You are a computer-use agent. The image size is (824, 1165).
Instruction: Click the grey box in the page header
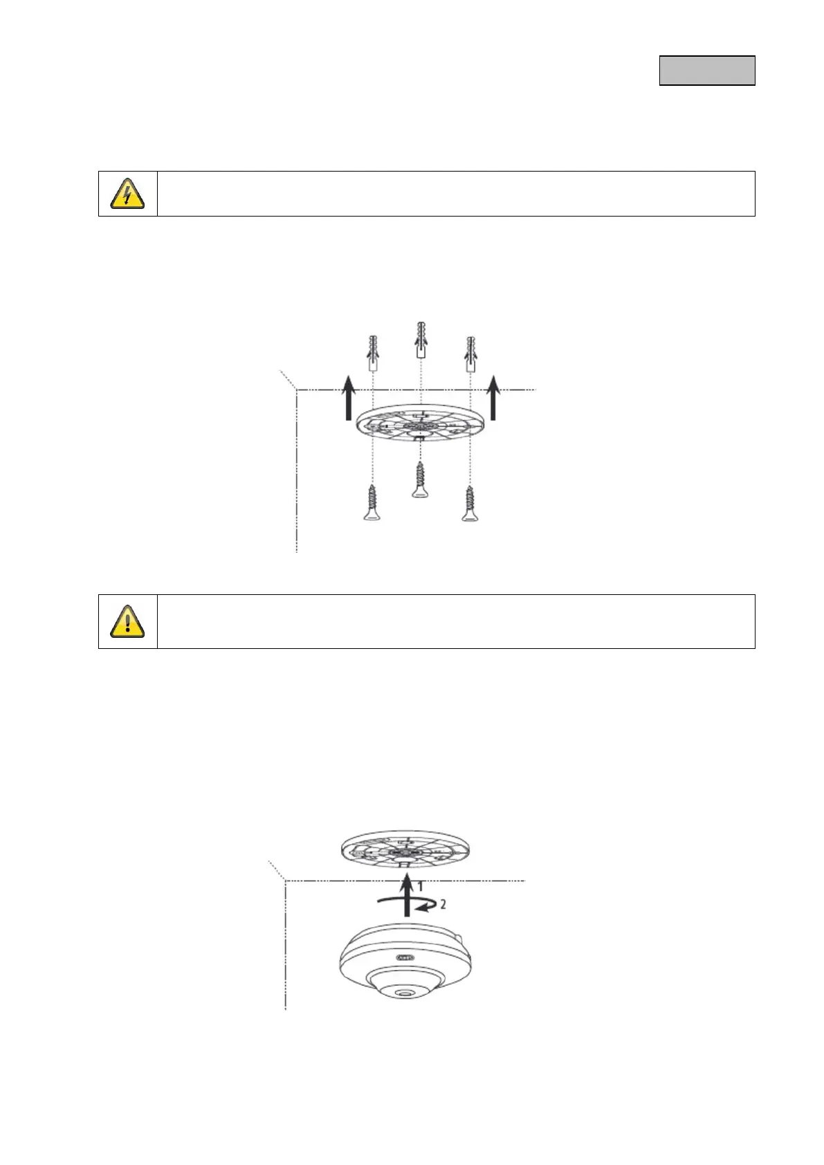point(706,71)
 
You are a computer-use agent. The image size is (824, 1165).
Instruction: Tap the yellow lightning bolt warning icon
point(128,194)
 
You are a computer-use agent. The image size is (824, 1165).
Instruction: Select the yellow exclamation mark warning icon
point(128,621)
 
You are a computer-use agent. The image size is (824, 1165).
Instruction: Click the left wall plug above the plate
point(373,353)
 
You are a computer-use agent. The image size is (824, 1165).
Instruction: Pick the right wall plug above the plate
point(471,354)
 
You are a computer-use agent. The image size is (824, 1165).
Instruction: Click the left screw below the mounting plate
point(372,503)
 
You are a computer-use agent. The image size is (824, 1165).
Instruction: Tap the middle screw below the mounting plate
point(420,479)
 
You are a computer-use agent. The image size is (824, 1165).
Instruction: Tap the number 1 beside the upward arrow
point(419,886)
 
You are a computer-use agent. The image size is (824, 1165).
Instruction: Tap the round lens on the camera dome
point(402,993)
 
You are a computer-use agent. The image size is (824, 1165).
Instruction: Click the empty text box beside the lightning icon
point(455,194)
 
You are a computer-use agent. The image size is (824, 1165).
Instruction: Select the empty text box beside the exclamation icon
point(455,621)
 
